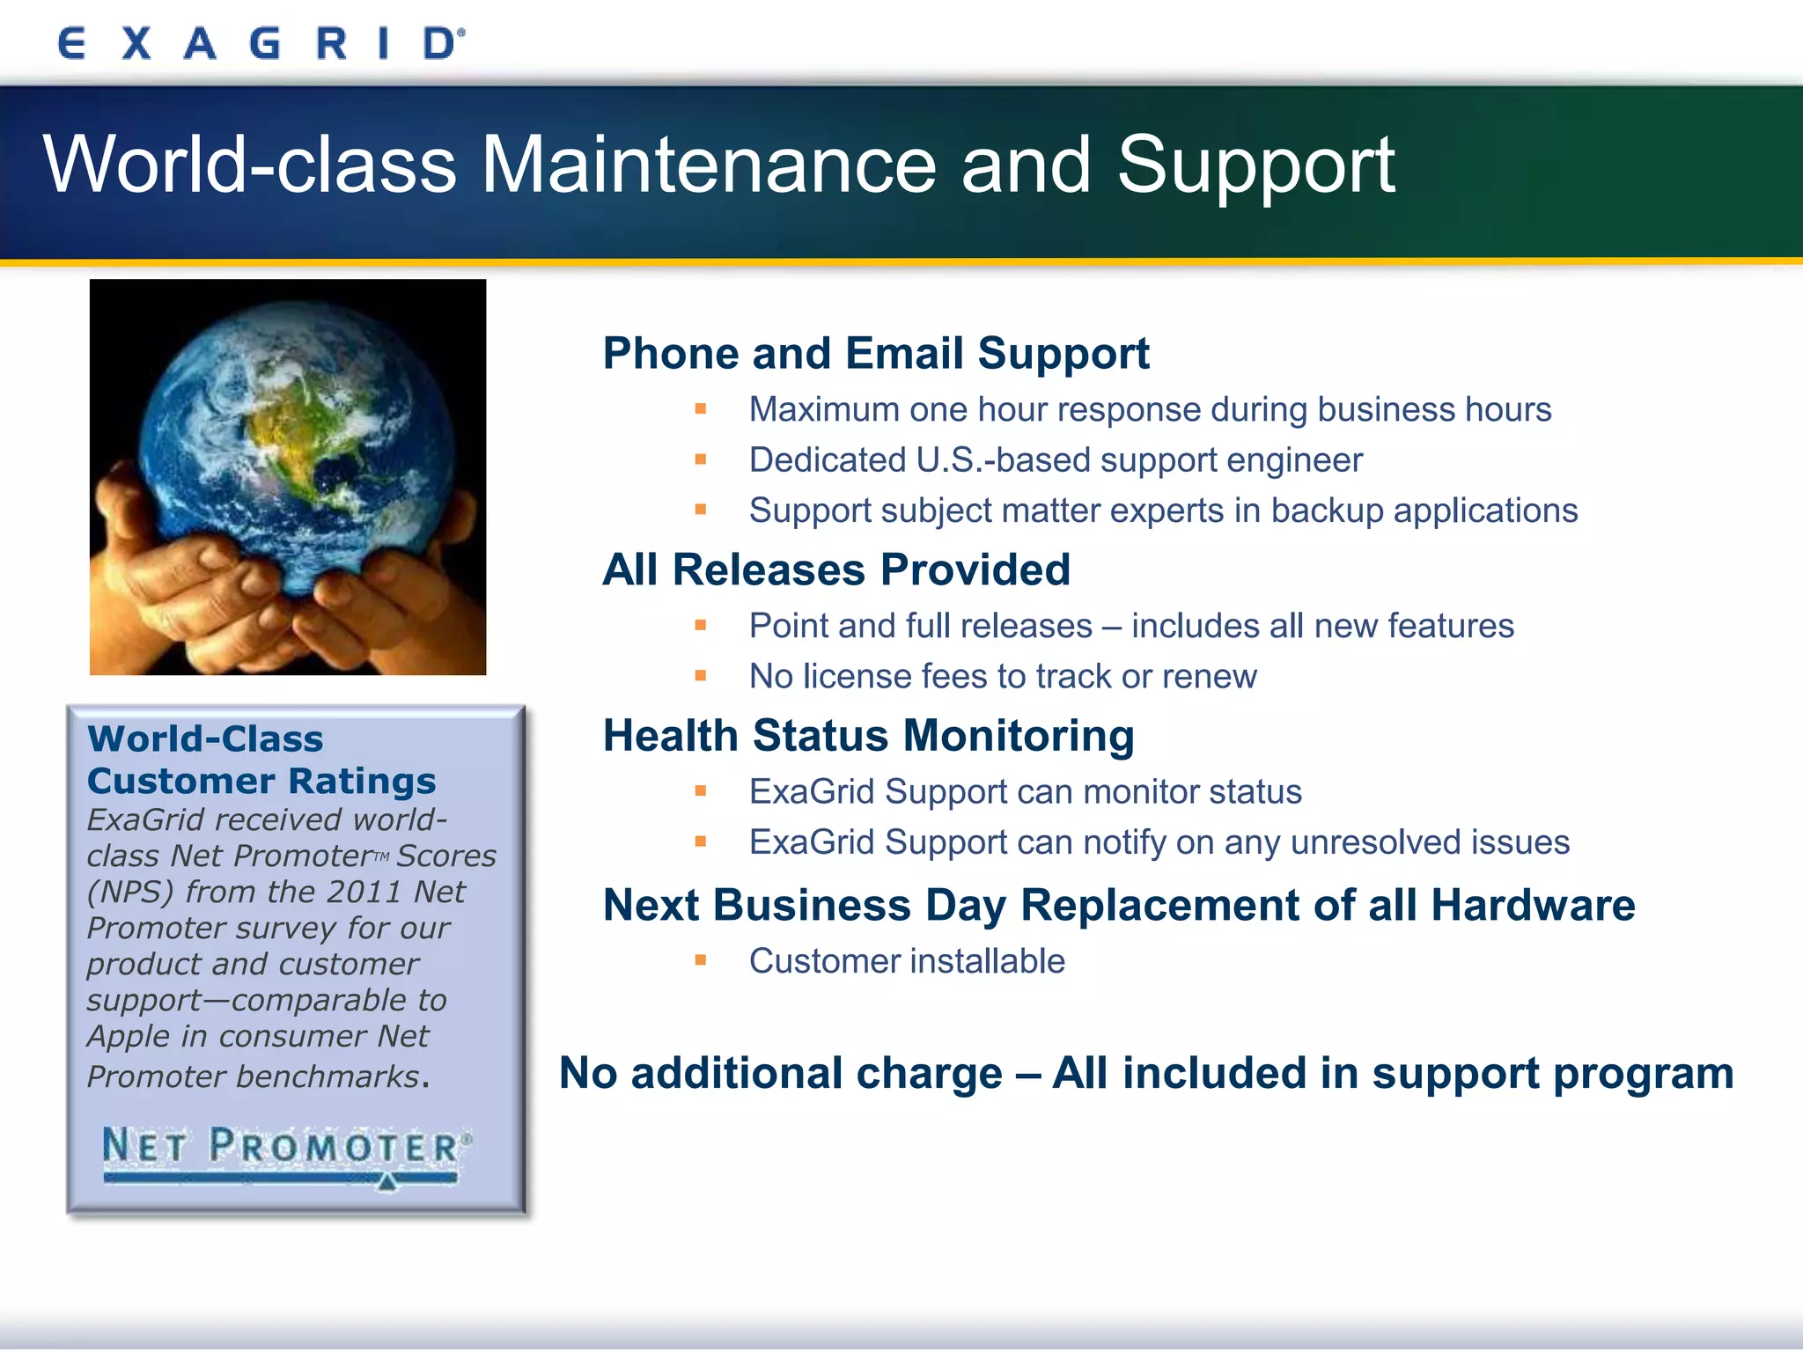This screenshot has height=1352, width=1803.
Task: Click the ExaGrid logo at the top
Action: pyautogui.click(x=261, y=42)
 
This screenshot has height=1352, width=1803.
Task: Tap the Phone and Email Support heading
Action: pyautogui.click(x=875, y=354)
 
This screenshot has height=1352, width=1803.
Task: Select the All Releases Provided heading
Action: pyautogui.click(x=835, y=569)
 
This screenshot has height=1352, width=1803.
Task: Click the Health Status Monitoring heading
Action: pyautogui.click(x=868, y=736)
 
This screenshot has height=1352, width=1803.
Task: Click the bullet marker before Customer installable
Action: pyautogui.click(x=701, y=960)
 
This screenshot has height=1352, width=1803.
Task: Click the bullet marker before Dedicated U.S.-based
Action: pyautogui.click(x=701, y=459)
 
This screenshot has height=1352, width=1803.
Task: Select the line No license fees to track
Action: pyautogui.click(x=1002, y=676)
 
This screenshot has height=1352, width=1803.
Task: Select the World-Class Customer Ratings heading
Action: pyautogui.click(x=261, y=760)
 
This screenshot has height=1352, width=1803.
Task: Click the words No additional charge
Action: pyautogui.click(x=780, y=1074)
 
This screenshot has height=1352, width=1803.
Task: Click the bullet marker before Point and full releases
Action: pyautogui.click(x=701, y=625)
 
